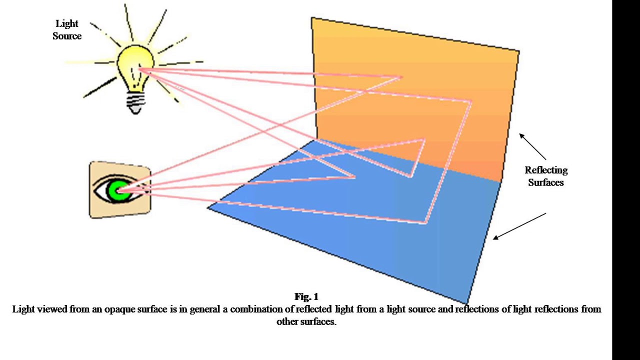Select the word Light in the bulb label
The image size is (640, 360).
click(x=67, y=24)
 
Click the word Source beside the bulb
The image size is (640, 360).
click(x=67, y=36)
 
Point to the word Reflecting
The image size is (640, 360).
click(x=546, y=170)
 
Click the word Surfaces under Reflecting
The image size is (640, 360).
click(x=546, y=182)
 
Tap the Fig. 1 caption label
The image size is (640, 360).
click(x=306, y=297)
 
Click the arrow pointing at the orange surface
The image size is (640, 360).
click(x=532, y=146)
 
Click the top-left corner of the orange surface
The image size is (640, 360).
click(x=312, y=18)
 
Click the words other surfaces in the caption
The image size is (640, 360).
click(x=306, y=322)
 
